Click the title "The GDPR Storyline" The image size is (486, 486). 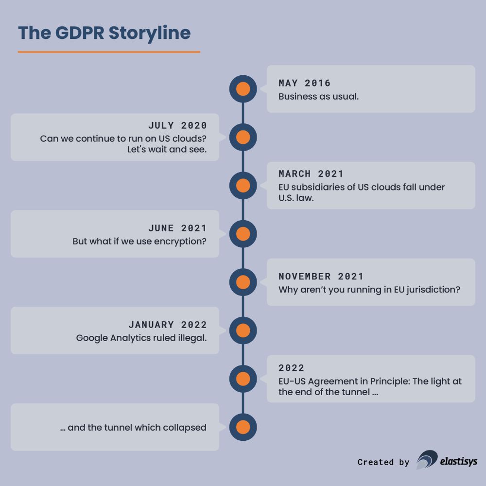tap(104, 33)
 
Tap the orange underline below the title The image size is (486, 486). tap(109, 52)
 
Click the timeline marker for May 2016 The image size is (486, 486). tap(243, 89)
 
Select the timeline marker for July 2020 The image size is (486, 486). tap(243, 137)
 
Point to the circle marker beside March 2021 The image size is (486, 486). tap(243, 185)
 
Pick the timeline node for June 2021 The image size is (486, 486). tap(243, 234)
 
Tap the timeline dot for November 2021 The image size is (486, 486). tap(243, 282)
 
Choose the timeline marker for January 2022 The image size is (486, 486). tap(243, 330)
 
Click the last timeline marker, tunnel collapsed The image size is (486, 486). tap(243, 427)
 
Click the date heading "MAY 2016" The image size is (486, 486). tap(305, 83)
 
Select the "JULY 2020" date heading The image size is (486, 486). tap(177, 125)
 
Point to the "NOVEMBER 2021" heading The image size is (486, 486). tap(321, 277)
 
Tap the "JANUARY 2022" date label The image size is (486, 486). tap(168, 325)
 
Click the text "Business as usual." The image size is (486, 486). tap(318, 96)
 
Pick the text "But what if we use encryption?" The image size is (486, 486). tap(139, 241)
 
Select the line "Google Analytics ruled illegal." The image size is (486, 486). tap(141, 338)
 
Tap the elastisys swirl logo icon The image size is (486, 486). tap(427, 460)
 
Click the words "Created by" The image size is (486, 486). tap(383, 462)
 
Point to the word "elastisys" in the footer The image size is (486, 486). tap(459, 461)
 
